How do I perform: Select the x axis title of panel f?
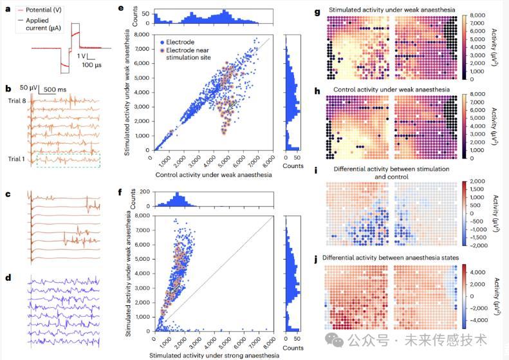tap(214, 355)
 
